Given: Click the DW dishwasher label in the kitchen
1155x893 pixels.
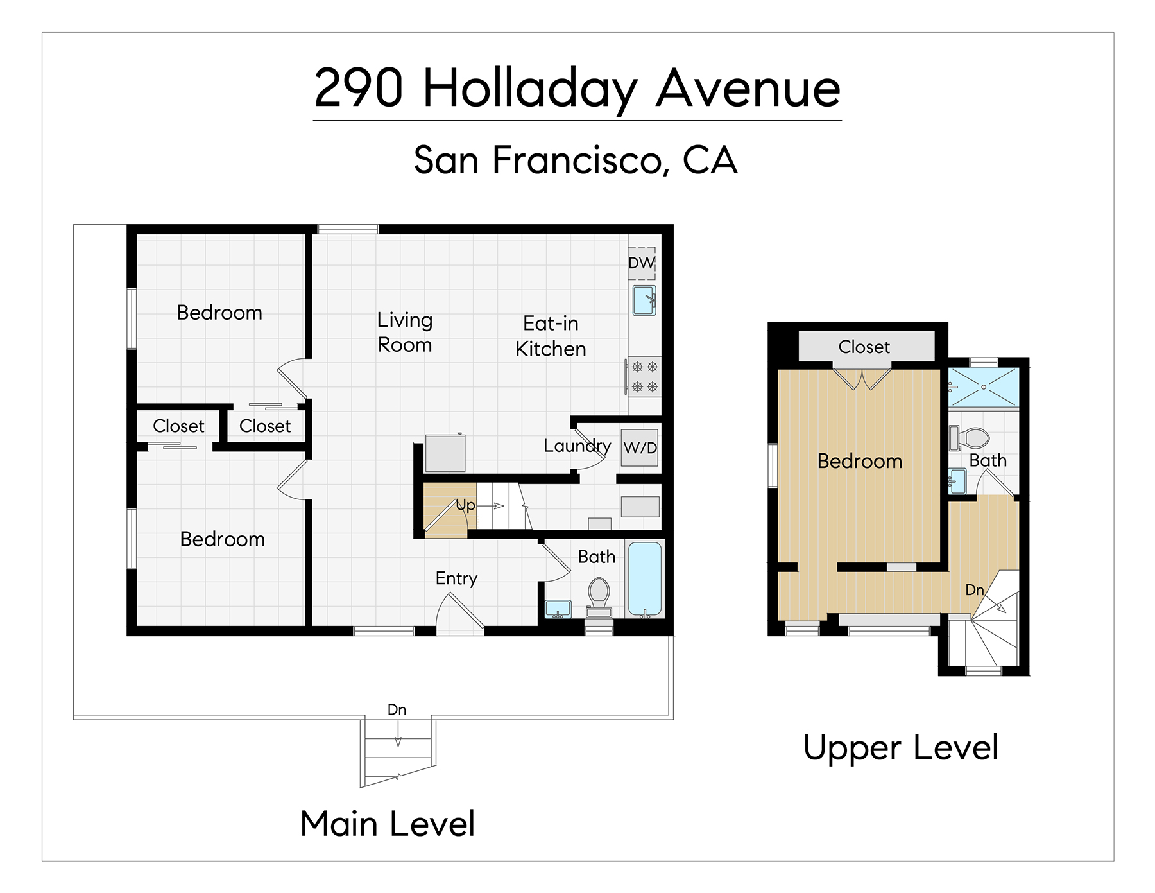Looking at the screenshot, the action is (x=642, y=263).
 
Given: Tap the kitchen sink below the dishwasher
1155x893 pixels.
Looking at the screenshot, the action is (x=644, y=300).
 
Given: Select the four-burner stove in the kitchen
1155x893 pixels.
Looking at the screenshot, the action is (x=644, y=377).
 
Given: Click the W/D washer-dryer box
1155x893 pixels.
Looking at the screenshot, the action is (x=640, y=447).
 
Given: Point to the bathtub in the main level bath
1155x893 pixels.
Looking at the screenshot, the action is (x=644, y=579).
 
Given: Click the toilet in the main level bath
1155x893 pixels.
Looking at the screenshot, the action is (x=599, y=597).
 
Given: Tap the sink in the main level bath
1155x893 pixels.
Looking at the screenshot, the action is (x=558, y=609).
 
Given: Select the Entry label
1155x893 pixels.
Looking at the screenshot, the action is (x=456, y=579).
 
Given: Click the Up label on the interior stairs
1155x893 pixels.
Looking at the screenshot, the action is (x=466, y=505).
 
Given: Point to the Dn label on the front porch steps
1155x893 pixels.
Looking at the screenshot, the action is (x=397, y=709).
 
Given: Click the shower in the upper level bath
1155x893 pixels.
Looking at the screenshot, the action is (x=983, y=387).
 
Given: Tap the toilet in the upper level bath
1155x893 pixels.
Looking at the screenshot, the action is (x=969, y=438).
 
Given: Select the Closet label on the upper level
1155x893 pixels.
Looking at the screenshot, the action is (x=864, y=347).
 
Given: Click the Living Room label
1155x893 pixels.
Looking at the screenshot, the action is (x=405, y=333).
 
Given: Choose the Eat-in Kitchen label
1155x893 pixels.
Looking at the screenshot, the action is (x=551, y=336).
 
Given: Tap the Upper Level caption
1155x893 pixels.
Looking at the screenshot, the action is (x=901, y=748).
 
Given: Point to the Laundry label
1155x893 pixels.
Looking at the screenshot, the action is (x=577, y=446).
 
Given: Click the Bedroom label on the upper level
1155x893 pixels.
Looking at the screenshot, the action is (x=860, y=461).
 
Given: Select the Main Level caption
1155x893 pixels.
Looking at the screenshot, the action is (x=388, y=824).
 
